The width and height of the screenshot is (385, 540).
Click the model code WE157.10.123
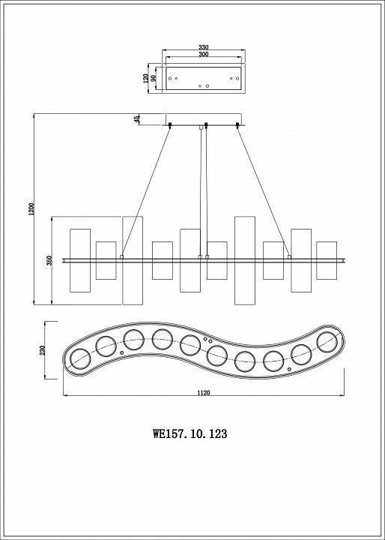pyautogui.click(x=190, y=433)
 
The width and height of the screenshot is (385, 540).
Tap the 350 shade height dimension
pyautogui.click(x=49, y=260)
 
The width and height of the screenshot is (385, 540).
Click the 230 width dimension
pyautogui.click(x=43, y=349)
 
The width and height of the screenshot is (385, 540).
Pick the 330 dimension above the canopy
pyautogui.click(x=203, y=47)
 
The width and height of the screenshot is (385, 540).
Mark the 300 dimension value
pyautogui.click(x=203, y=55)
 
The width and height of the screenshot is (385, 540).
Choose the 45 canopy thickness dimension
pyautogui.click(x=137, y=118)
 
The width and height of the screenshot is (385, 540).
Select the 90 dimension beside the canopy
pyautogui.click(x=154, y=77)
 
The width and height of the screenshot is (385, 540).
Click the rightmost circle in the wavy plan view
pyautogui.click(x=327, y=342)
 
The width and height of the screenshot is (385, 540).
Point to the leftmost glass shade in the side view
pyautogui.click(x=79, y=260)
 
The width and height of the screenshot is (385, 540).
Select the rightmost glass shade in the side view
pyautogui.click(x=327, y=260)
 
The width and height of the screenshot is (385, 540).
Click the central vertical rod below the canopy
pyautogui.click(x=202, y=191)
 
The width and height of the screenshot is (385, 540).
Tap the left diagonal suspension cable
pyautogui.click(x=147, y=191)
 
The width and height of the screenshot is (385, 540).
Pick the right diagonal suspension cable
pyautogui.click(x=262, y=191)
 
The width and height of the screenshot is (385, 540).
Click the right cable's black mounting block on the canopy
pyautogui.click(x=238, y=125)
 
